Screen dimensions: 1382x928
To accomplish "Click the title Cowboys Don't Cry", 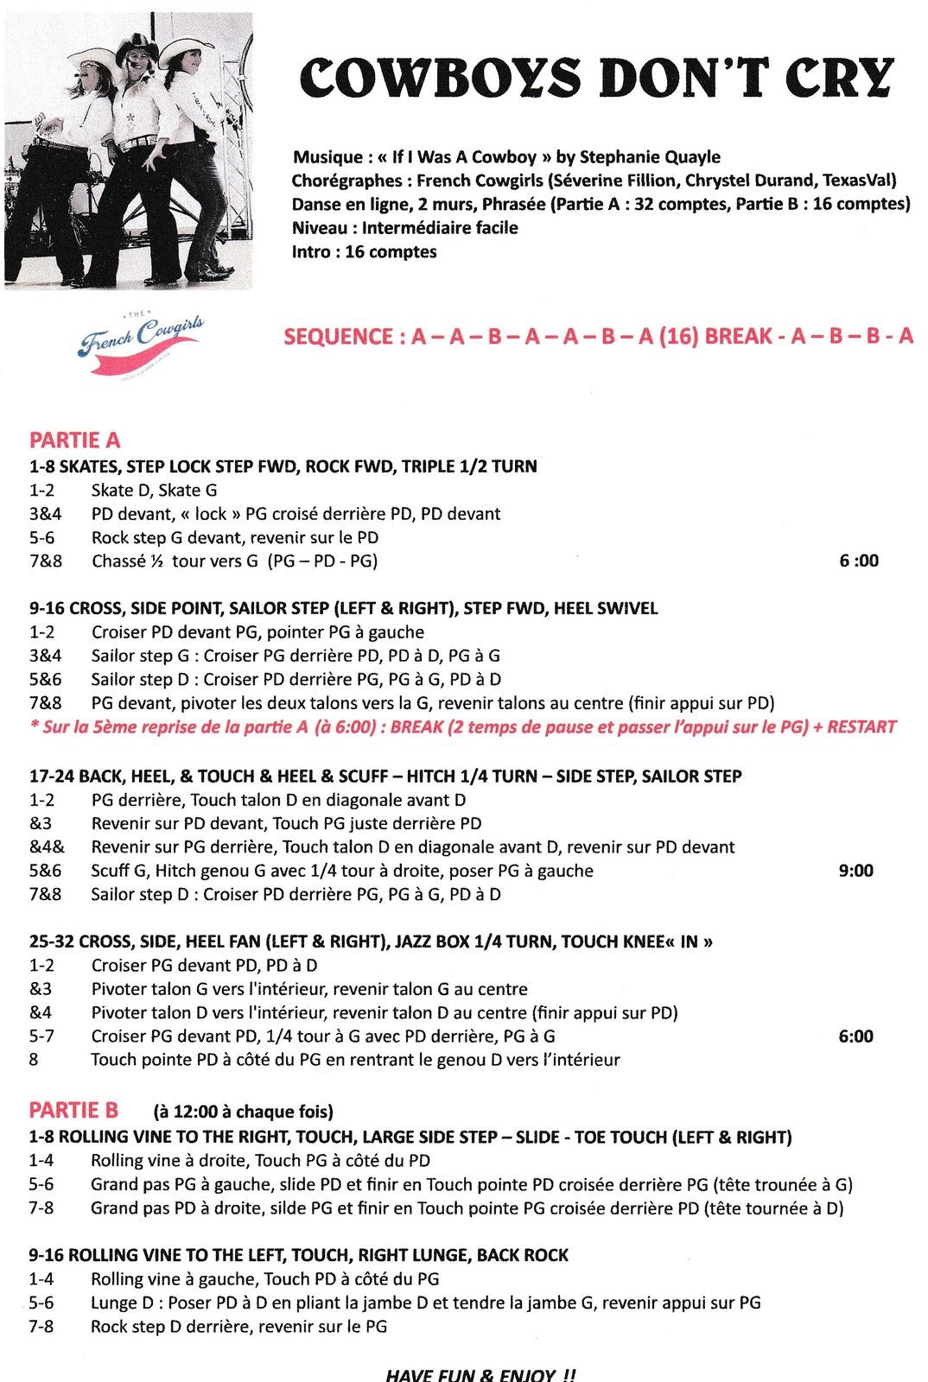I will coord(596,78).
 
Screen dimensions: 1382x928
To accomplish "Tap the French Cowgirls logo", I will coord(141,343).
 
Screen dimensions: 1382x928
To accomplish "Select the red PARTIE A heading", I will coord(74,441).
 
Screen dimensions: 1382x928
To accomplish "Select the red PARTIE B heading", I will coord(73,1111).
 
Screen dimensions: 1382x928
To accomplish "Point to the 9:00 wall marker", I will coord(855,871).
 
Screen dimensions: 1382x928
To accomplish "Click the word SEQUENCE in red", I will coord(339,337).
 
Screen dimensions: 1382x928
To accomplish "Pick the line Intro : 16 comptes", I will coord(364,252).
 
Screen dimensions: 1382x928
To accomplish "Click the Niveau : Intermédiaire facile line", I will coord(404,228).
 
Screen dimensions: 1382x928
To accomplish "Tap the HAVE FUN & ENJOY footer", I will coord(480,1374).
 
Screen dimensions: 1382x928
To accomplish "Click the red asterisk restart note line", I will coord(463,727).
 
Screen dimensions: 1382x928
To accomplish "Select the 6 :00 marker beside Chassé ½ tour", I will coord(858,561).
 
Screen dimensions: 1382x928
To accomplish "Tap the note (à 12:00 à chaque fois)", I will coord(243,1112).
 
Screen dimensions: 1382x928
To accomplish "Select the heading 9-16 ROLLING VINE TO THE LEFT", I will coord(298,1255).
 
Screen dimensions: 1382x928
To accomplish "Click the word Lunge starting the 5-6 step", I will coord(117,1303).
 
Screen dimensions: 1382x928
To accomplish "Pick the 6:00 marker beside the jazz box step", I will coord(855,1036).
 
